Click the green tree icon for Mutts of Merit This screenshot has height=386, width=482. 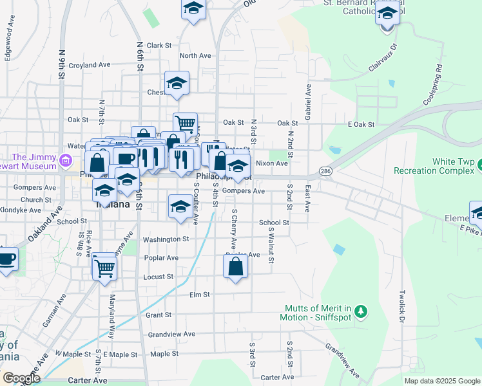(361, 312)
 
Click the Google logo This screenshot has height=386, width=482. (21, 378)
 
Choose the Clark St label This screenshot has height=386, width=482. (159, 46)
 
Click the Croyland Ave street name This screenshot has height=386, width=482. (90, 65)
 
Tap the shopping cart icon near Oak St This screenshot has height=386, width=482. (185, 123)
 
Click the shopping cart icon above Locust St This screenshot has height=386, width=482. (104, 266)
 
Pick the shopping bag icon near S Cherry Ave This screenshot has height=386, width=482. (235, 266)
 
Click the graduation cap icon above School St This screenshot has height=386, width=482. (180, 207)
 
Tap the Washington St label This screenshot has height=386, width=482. (166, 239)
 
